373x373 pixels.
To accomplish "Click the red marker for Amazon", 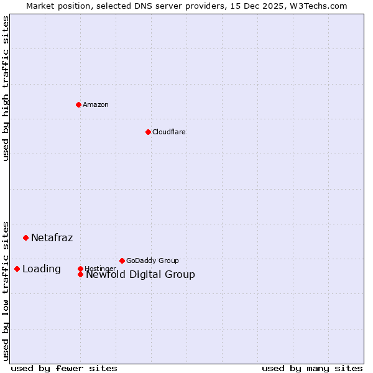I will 78,104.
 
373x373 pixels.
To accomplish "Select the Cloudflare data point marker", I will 148,132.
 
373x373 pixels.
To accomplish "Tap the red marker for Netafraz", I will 25,237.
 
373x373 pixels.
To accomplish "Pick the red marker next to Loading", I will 17,269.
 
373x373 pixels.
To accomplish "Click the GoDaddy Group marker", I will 122,260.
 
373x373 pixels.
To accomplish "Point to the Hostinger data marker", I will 80,269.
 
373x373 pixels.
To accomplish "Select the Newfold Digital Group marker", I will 81,274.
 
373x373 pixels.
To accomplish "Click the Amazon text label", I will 96,104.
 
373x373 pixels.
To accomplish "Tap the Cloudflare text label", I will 169,132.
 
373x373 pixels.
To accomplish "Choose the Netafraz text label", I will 52,237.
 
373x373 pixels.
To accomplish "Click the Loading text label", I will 41,269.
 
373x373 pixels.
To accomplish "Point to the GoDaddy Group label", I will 152,260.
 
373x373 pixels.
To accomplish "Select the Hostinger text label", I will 100,269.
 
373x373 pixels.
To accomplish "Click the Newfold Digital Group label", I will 140,275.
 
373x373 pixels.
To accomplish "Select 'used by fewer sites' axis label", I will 64,368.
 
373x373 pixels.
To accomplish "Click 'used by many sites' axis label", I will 312,368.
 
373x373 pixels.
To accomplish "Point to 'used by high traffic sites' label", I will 6,88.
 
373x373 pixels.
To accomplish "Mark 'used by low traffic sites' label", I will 6,290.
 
